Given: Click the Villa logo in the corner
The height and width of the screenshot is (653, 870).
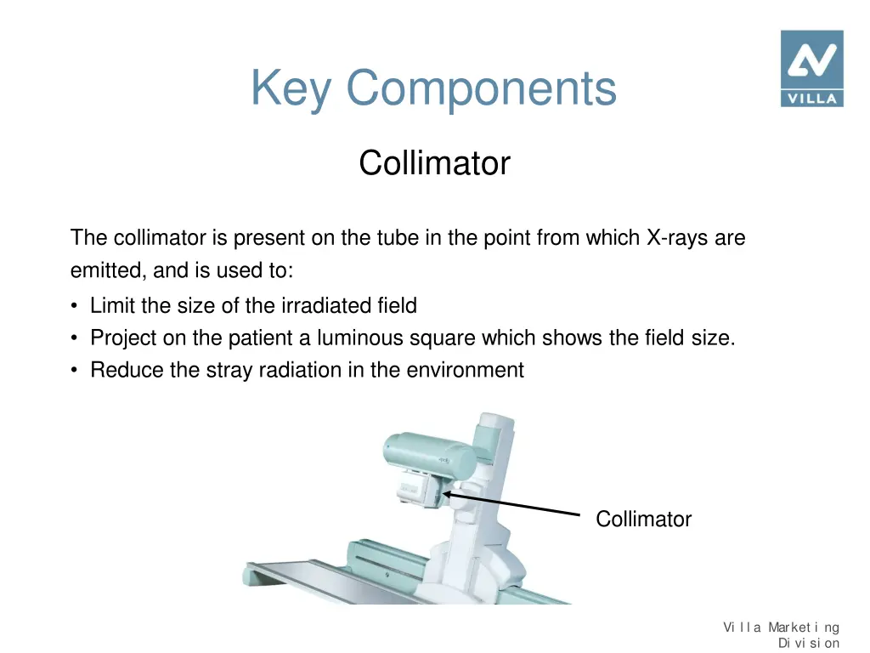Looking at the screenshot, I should click(811, 68).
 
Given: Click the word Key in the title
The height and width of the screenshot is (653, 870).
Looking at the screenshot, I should click(291, 88).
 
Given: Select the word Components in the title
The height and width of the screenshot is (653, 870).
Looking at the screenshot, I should click(481, 88).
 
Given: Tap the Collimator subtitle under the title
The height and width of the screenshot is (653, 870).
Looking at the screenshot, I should click(434, 162).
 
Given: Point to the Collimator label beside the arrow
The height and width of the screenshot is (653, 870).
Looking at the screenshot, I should click(643, 519).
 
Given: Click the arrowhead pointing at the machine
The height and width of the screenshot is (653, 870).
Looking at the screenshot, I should click(447, 494).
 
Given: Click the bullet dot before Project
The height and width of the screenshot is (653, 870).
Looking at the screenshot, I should click(76, 338).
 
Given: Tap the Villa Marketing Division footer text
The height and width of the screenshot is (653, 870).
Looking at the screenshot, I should click(781, 635).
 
